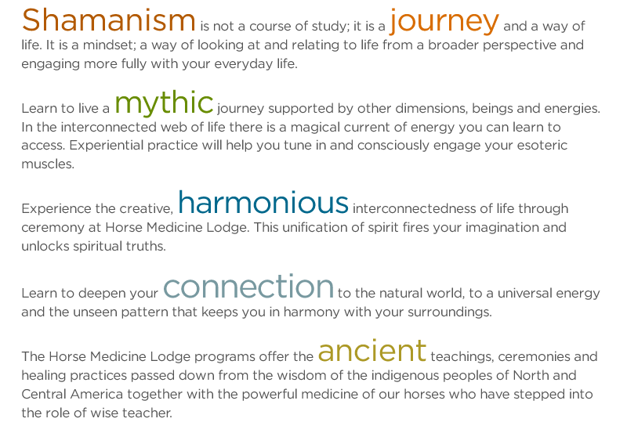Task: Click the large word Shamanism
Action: click(x=109, y=20)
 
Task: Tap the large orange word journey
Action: click(x=444, y=22)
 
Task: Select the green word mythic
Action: click(x=164, y=103)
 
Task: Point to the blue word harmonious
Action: click(x=263, y=202)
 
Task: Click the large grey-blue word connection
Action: click(x=248, y=286)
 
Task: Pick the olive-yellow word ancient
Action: click(x=371, y=350)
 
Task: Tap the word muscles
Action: click(x=48, y=164)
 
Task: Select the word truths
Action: click(x=146, y=246)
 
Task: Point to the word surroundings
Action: click(x=449, y=312)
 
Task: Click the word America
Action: click(x=96, y=395)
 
